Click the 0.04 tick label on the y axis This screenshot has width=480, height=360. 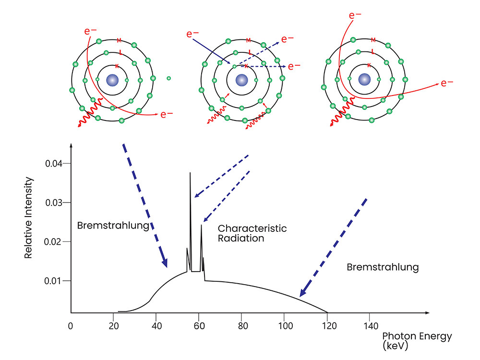[x=54, y=164]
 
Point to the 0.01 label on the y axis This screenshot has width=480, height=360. [x=53, y=281]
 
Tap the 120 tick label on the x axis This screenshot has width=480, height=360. [x=329, y=326]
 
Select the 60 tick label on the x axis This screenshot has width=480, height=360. [x=199, y=326]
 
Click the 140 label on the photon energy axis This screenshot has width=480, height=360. [x=371, y=326]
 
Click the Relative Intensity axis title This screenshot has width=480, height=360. [x=28, y=217]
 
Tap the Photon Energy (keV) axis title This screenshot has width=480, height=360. [x=417, y=341]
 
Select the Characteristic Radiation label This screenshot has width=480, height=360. [x=252, y=233]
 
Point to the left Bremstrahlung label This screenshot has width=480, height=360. [x=113, y=225]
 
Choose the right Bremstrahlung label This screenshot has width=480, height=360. [x=383, y=267]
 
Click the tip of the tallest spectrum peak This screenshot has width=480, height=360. [x=190, y=173]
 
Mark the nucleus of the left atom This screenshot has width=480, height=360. [x=112, y=80]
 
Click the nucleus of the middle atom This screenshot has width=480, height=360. [x=242, y=80]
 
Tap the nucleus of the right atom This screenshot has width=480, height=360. [x=364, y=79]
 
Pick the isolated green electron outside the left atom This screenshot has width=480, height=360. [x=168, y=78]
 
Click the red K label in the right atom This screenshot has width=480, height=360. [x=369, y=65]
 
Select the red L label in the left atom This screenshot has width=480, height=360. [x=120, y=53]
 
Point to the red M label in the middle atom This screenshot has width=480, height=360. [x=249, y=40]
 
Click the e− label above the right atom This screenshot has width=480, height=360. [x=355, y=15]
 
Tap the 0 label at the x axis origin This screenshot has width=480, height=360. [x=71, y=326]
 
